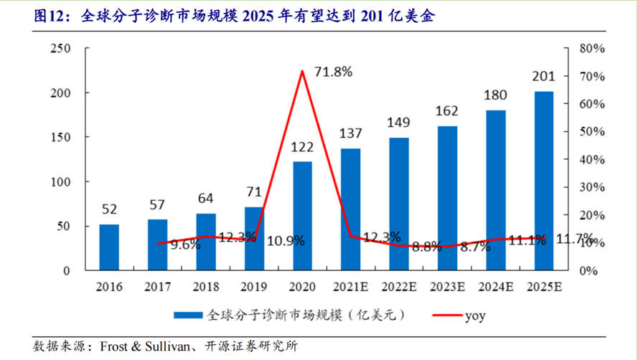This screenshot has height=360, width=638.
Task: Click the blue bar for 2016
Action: coord(109,247)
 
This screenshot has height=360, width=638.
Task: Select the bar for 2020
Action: coord(302,216)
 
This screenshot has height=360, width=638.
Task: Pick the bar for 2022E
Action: coord(399,204)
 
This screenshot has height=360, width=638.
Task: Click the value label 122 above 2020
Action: coord(302,147)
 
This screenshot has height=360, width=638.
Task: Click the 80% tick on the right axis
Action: coord(594,48)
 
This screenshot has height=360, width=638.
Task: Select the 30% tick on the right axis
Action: coord(594,187)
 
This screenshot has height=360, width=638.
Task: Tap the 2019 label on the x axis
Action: coord(253,287)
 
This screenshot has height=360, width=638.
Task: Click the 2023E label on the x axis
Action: coord(447,287)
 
